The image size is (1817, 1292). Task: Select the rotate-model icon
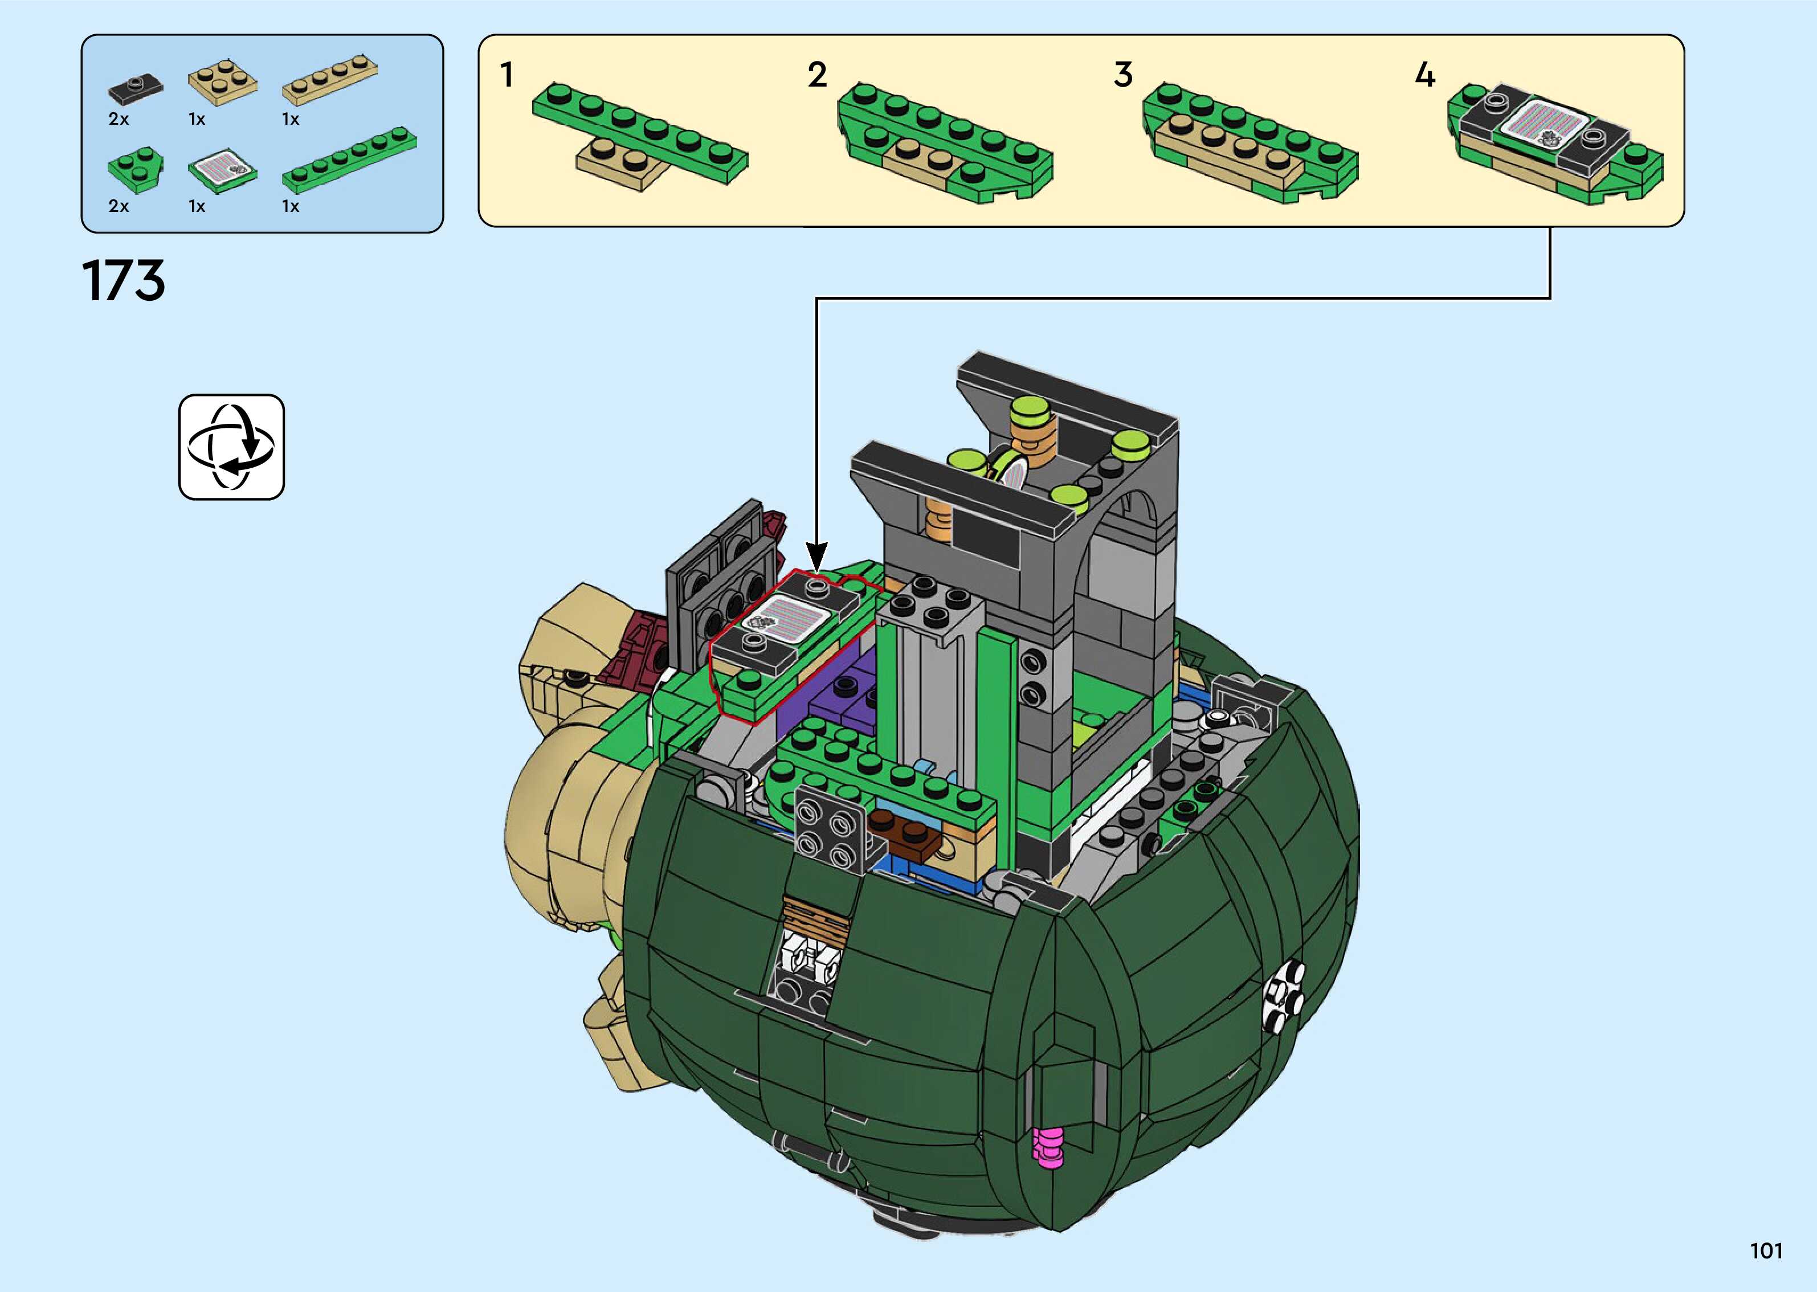click(x=231, y=447)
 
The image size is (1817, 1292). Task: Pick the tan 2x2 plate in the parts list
click(x=223, y=83)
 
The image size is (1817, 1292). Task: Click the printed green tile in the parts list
click(x=223, y=169)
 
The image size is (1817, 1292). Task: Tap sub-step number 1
click(x=507, y=75)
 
